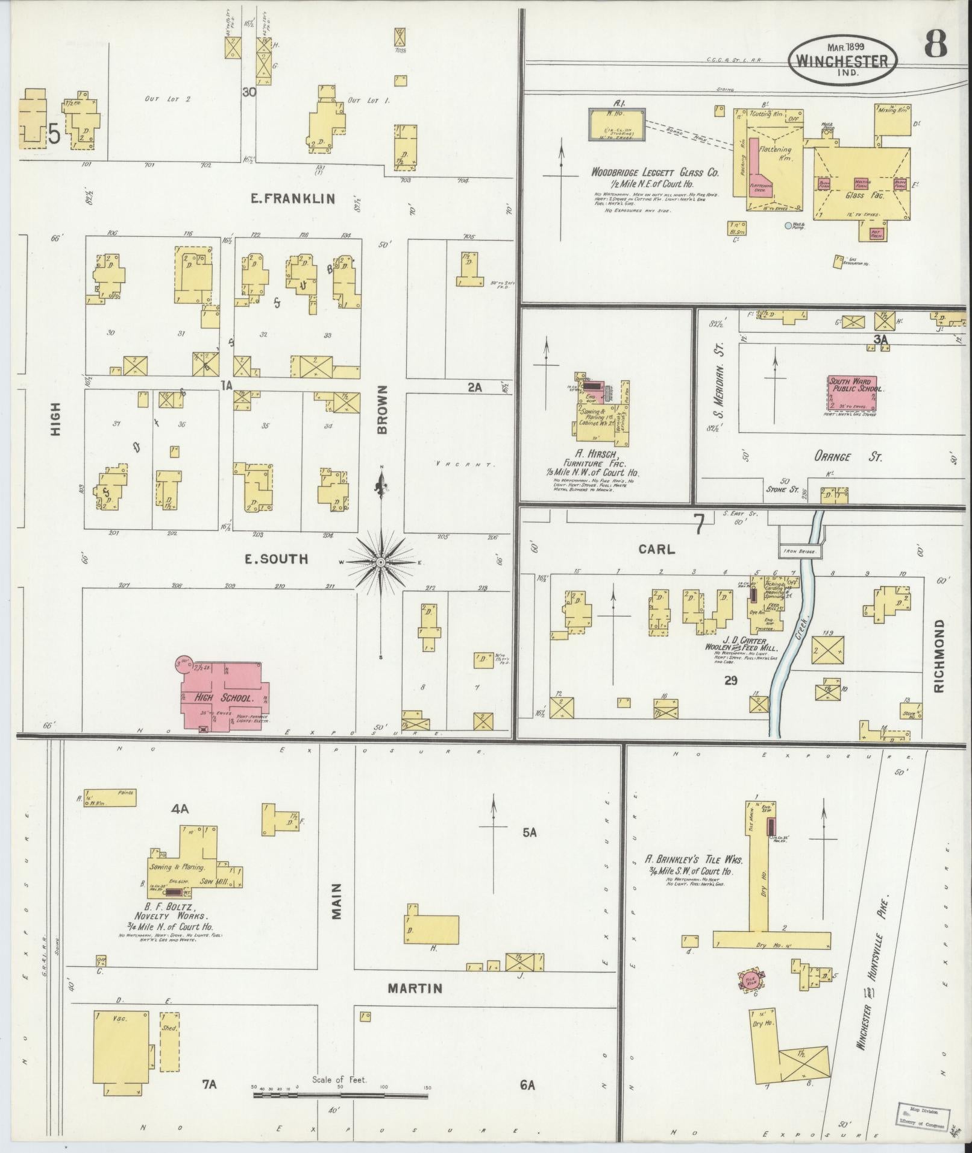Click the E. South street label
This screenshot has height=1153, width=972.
pyautogui.click(x=275, y=559)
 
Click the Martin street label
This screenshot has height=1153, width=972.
pyautogui.click(x=415, y=988)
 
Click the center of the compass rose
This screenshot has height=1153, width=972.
pyautogui.click(x=381, y=562)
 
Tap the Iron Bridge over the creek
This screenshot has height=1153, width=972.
pyautogui.click(x=799, y=551)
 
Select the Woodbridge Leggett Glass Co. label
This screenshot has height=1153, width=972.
pyautogui.click(x=654, y=172)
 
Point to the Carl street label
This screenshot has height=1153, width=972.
pyautogui.click(x=657, y=549)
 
